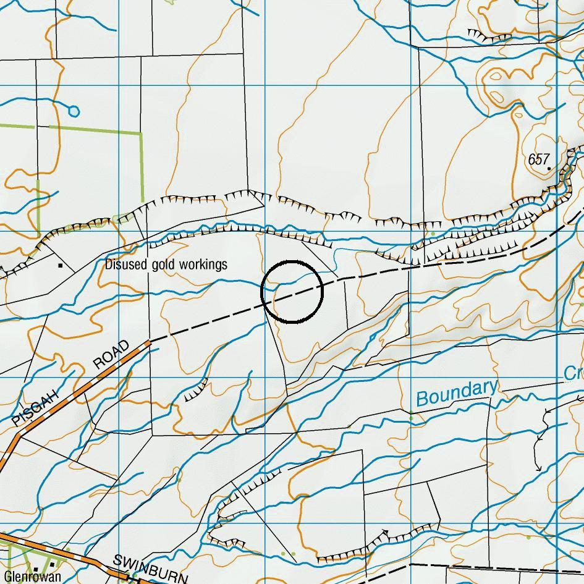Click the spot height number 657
point(538,159)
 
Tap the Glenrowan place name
point(32,577)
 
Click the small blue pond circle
point(74,111)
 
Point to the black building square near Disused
point(60,266)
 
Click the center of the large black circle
point(292,292)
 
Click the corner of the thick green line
point(142,132)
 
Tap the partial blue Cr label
point(573,373)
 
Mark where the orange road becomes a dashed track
point(149,341)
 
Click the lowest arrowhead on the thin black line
point(538,468)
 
